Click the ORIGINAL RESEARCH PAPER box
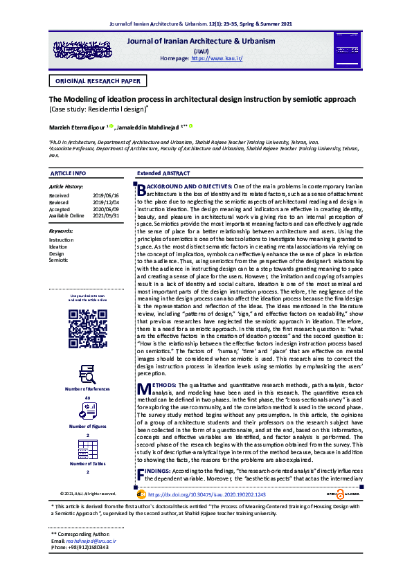click(96, 81)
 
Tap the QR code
click(87, 328)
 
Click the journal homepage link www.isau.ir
click(216, 59)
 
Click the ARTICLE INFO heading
click(69, 172)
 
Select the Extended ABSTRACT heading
click(163, 172)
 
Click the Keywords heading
click(62, 231)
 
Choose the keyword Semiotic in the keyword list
click(59, 260)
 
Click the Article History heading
click(66, 187)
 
